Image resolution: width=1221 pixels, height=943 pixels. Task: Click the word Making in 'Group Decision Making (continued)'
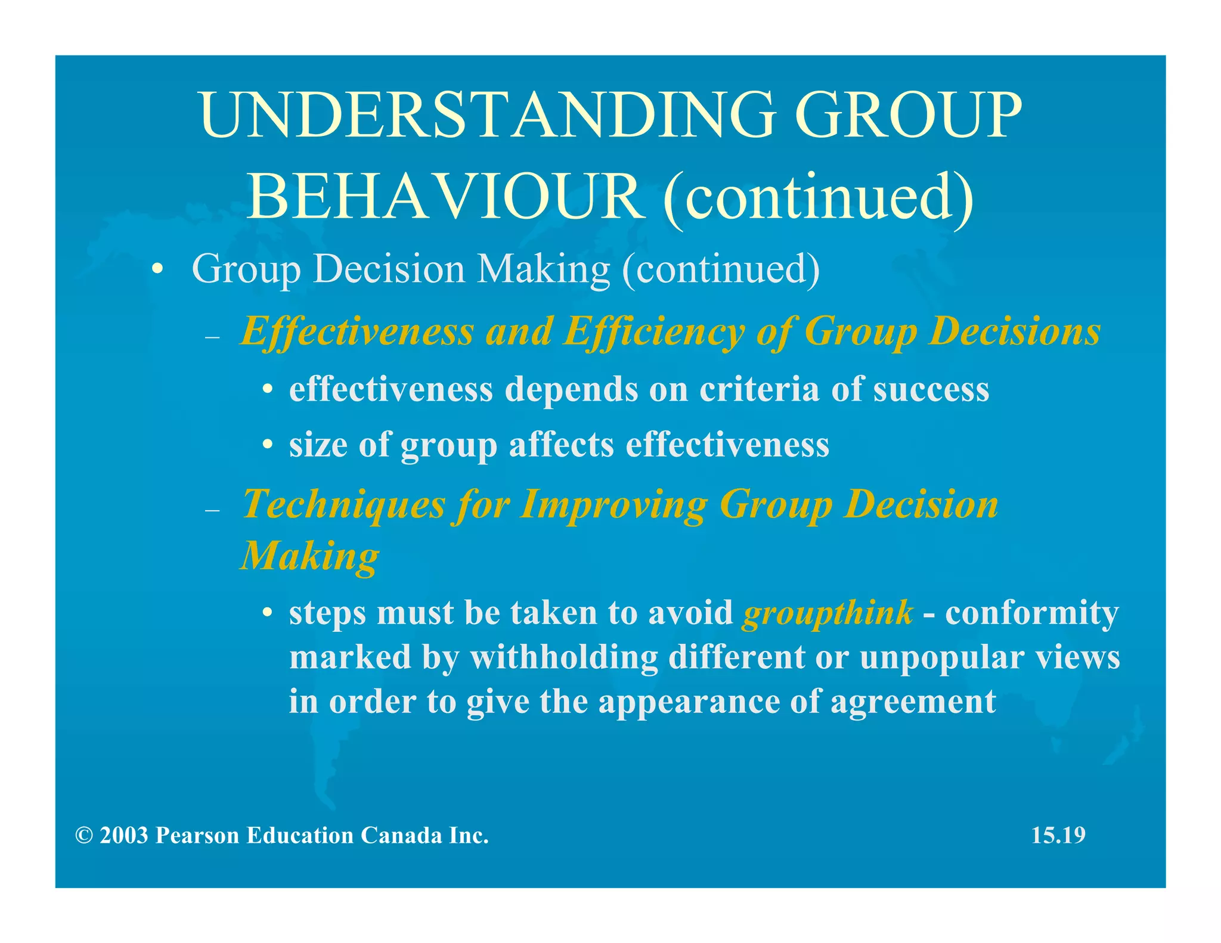point(544,269)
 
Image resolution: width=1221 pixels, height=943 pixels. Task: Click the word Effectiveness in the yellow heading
point(357,331)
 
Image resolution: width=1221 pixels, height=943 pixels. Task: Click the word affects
point(561,445)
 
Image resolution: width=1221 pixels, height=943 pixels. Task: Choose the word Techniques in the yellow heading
point(344,505)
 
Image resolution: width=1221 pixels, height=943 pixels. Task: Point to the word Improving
point(613,505)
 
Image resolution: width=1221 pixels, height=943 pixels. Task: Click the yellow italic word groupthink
point(828,613)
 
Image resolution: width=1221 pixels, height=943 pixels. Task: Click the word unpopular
point(941,657)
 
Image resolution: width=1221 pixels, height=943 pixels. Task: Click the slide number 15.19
point(1058,835)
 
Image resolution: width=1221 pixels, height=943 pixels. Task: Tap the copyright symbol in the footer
point(84,836)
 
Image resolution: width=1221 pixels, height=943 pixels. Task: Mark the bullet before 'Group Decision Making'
point(157,269)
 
